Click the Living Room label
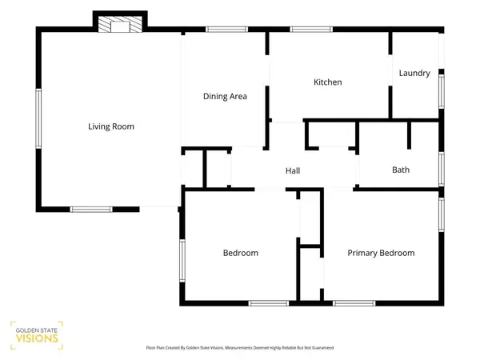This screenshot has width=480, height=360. pos(111,126)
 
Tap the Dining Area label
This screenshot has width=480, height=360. pos(225,97)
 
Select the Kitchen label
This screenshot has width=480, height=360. pos(327,82)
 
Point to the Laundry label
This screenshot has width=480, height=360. pos(414,73)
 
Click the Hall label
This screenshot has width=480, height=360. pos(293,171)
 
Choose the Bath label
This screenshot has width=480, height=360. pos(401,170)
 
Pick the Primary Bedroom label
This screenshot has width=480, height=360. pos(381,253)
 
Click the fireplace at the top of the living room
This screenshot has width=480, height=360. pos(120,24)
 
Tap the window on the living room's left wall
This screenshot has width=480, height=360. pos(38,118)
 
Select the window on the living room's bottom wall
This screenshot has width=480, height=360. pos(91,210)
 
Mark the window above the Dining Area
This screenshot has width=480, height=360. pos(226,30)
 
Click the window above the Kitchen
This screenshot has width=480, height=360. pos(311,30)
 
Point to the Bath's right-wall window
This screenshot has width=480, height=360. pos(442,169)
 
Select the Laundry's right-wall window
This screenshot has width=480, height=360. pos(442,91)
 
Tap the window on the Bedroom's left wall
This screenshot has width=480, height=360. pos(182,261)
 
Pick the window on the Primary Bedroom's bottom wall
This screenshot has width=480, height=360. pos(354,303)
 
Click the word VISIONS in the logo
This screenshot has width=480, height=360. pos(37,338)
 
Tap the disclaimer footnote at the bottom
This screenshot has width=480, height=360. pos(240,348)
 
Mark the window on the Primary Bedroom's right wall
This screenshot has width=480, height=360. pos(442,214)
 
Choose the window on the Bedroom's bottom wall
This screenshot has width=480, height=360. pos(269,303)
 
